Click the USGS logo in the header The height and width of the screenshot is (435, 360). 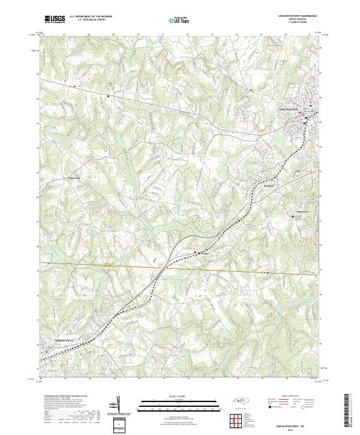(55, 19)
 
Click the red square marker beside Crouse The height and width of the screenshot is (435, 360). (196, 253)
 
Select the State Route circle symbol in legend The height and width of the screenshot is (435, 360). (296, 406)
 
